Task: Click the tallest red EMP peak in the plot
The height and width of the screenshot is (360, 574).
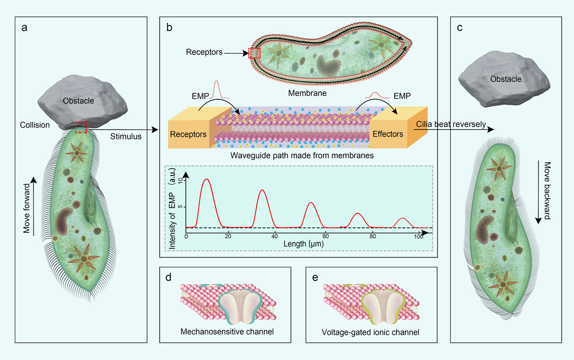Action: pyautogui.click(x=206, y=180)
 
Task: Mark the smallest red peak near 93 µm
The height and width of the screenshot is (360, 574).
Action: pyautogui.click(x=403, y=219)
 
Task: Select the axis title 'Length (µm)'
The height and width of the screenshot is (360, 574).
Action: pyautogui.click(x=302, y=243)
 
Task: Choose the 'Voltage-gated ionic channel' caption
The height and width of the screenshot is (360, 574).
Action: pyautogui.click(x=372, y=331)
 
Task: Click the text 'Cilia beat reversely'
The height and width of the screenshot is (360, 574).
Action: pyautogui.click(x=451, y=125)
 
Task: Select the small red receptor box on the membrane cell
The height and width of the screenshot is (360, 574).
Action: pyautogui.click(x=254, y=53)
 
